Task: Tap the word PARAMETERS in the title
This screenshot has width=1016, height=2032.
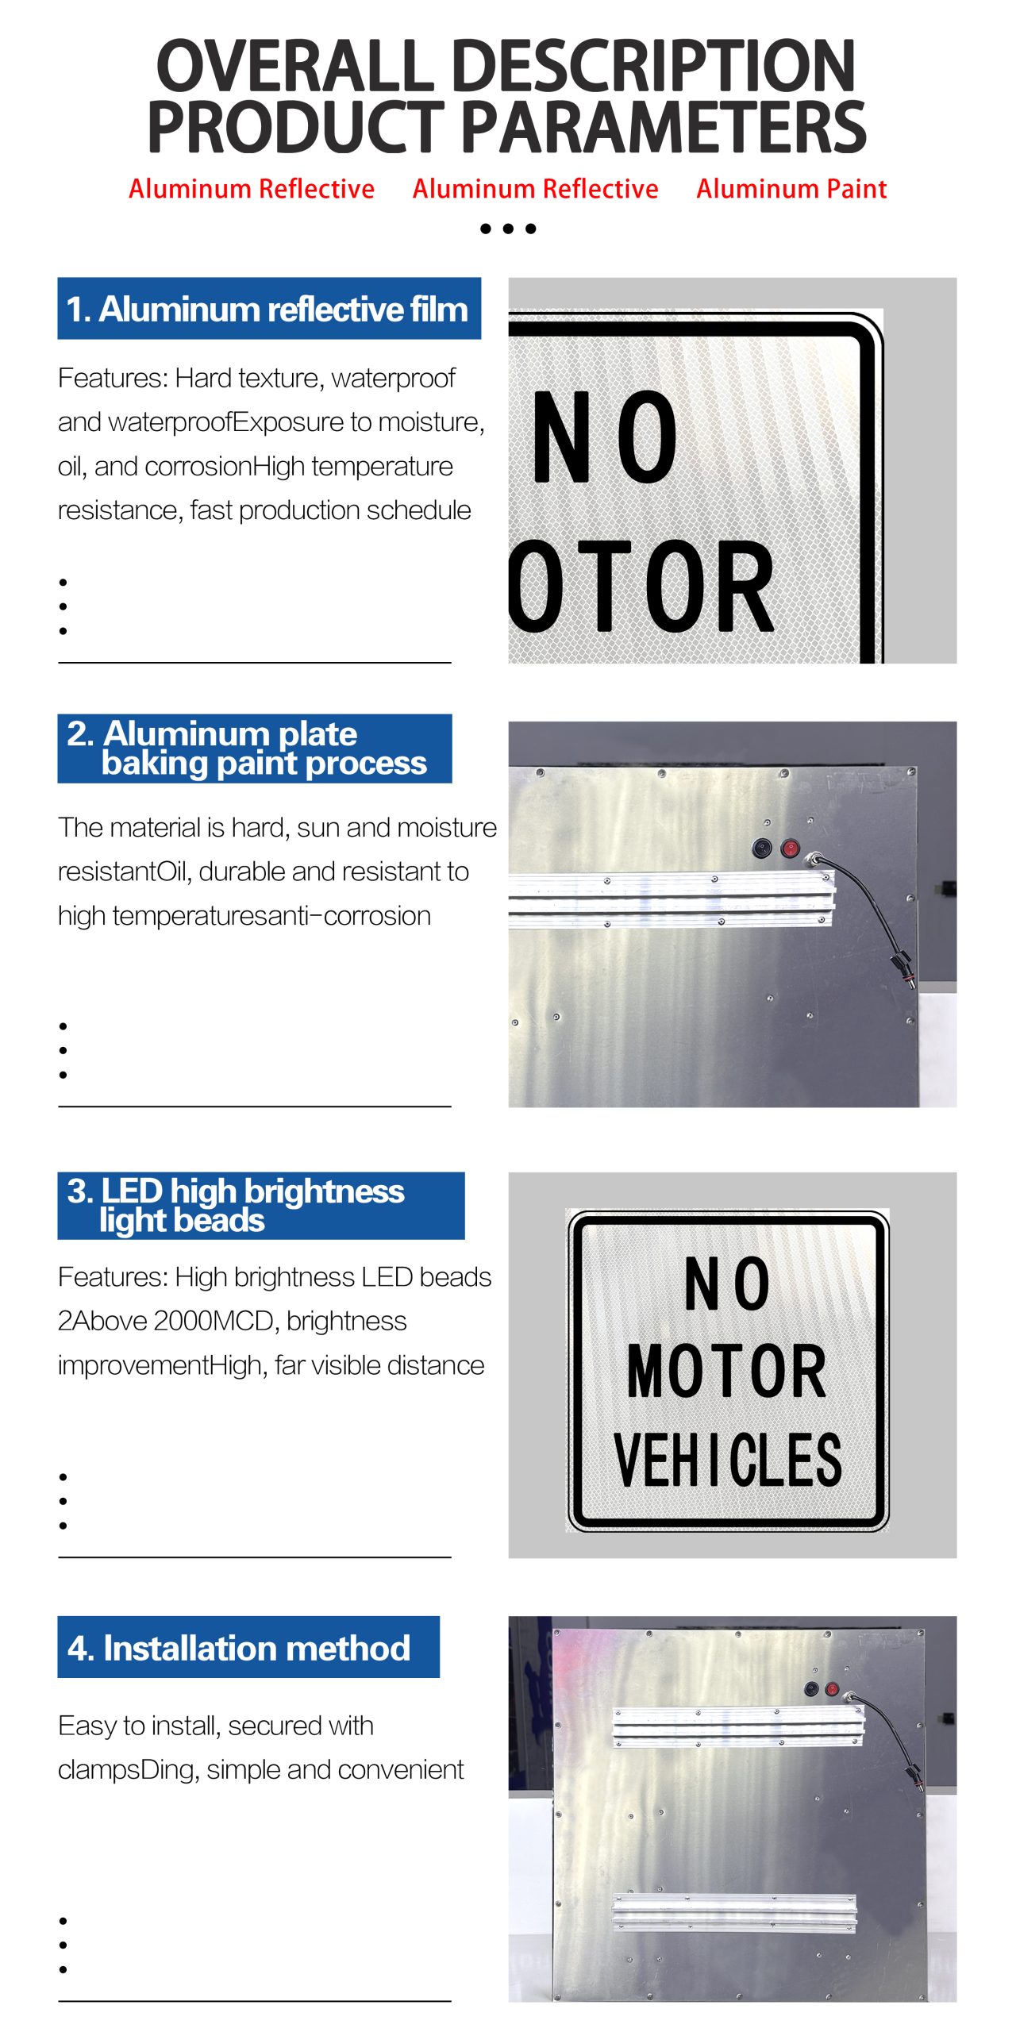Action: click(x=664, y=127)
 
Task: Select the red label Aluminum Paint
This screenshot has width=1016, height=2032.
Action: click(x=791, y=189)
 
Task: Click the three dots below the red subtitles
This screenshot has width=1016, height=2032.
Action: click(x=508, y=229)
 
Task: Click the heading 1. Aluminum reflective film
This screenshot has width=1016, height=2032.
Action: click(x=268, y=309)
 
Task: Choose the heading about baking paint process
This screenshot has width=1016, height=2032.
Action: click(x=254, y=749)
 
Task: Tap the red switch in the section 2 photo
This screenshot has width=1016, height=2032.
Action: click(x=790, y=849)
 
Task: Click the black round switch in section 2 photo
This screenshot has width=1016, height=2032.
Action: click(x=762, y=849)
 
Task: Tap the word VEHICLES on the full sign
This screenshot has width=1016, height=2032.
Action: click(x=728, y=1460)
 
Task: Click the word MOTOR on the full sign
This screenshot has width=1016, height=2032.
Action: click(x=727, y=1372)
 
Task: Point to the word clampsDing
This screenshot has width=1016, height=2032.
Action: click(x=129, y=1770)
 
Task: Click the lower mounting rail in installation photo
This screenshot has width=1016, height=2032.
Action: click(x=735, y=1914)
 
